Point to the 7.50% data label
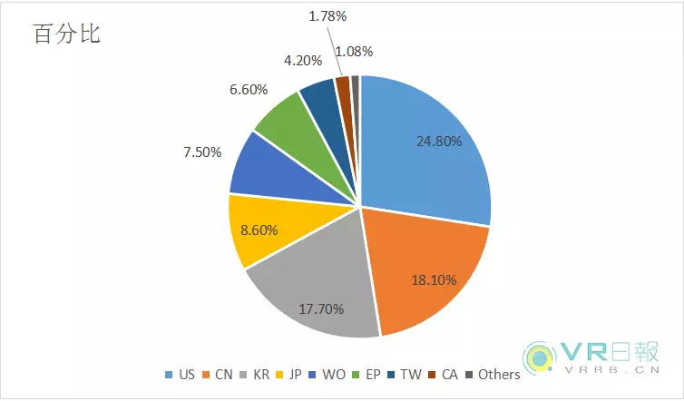tap(202, 152)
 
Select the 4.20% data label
tap(302, 62)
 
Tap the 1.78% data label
tap(327, 16)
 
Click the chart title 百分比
tap(67, 34)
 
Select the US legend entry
tap(180, 374)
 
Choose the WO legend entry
tap(356, 374)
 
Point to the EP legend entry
tap(400, 374)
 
